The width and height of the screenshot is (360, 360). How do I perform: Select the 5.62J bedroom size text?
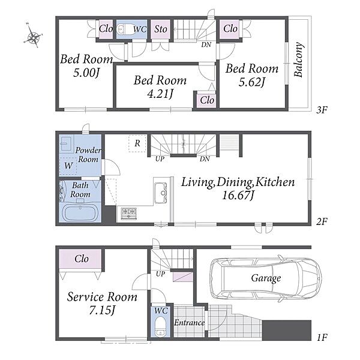coord(252,82)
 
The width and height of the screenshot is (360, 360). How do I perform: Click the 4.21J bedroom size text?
coord(160,94)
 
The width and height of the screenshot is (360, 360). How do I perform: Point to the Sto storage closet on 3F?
coord(161,29)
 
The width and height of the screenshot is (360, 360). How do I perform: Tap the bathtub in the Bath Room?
coord(80,213)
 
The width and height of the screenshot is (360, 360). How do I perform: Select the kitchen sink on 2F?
coord(161,193)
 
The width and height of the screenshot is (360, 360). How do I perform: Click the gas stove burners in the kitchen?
coord(129,214)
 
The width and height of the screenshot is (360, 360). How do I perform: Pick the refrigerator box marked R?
coord(137,143)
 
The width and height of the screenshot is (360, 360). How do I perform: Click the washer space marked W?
coord(68,166)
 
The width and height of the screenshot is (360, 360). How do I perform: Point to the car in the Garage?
coord(266,278)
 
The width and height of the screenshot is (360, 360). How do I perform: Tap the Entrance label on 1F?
coord(189,323)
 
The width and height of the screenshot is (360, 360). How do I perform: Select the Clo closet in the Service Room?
coord(80,259)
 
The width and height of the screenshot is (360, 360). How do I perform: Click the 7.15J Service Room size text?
coord(102,310)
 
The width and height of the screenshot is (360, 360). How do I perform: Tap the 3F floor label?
coord(322,110)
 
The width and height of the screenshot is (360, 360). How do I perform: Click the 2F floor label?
coord(322,221)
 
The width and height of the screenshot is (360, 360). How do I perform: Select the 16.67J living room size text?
coord(238,196)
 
